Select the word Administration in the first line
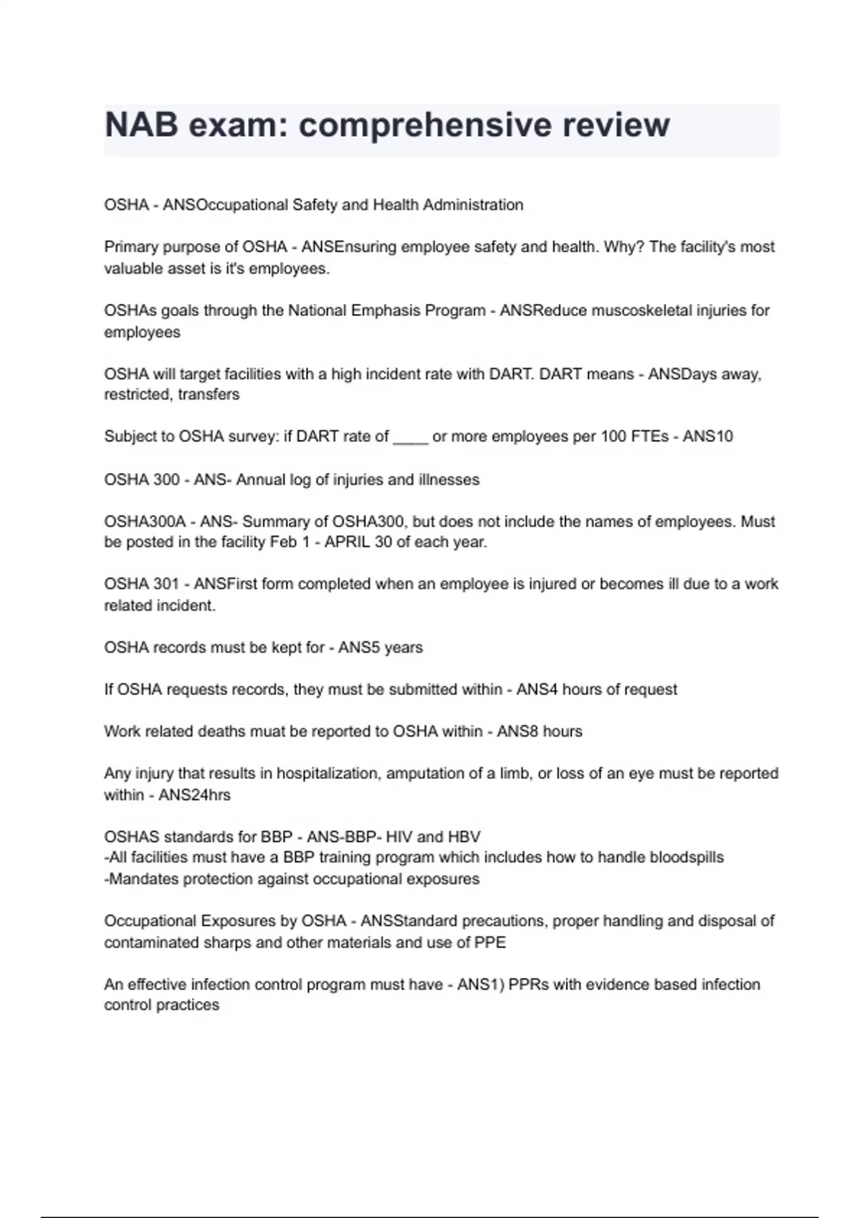[x=473, y=205]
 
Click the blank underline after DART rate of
[x=411, y=437]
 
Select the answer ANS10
[x=707, y=436]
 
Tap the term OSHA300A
[x=145, y=522]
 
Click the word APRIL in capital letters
[x=347, y=542]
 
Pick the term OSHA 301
[x=141, y=584]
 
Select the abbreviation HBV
[x=464, y=837]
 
